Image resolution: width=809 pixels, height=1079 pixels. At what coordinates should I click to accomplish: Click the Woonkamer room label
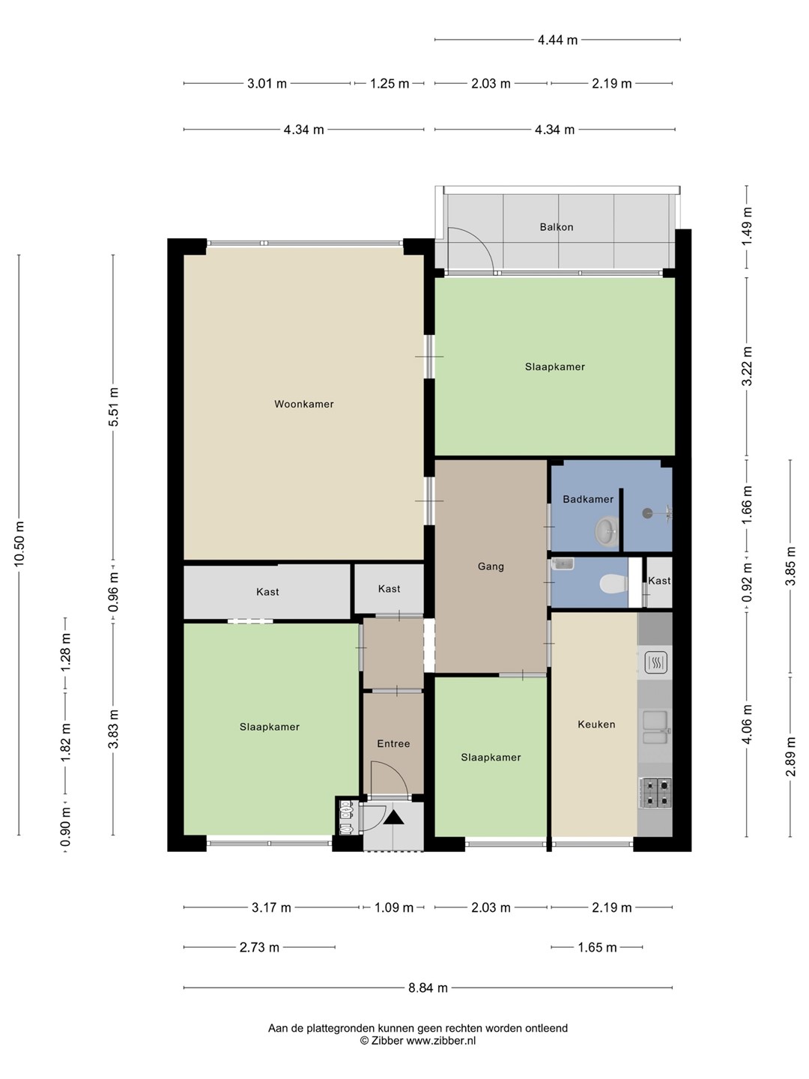pos(303,404)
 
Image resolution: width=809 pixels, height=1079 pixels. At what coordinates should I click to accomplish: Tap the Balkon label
pos(556,227)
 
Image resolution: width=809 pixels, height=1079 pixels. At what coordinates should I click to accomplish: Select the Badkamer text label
pos(588,500)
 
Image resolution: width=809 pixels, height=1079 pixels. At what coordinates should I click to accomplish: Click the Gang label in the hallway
pos(491,566)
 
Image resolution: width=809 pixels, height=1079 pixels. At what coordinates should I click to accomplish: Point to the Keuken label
pos(596,724)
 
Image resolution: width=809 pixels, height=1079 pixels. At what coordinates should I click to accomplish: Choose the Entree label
pos(393,744)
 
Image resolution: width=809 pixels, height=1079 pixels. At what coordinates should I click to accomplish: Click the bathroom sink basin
pos(607,531)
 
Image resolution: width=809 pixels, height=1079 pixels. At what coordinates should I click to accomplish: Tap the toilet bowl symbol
pos(613,584)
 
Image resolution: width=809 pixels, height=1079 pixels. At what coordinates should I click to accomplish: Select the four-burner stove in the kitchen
pos(655,793)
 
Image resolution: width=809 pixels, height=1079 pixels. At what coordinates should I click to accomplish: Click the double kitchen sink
pos(655,729)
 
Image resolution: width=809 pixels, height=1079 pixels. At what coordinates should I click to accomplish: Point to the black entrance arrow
pos(393,817)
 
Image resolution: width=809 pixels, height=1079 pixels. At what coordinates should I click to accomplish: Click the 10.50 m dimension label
pos(19,544)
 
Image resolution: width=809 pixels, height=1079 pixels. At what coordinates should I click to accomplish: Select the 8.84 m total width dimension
pos(428,988)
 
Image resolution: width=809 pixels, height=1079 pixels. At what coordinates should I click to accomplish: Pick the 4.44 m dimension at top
pos(557,40)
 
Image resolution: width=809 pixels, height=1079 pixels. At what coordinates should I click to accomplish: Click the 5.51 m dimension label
pos(113,407)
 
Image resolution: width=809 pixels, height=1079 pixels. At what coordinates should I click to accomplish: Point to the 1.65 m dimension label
pos(597,947)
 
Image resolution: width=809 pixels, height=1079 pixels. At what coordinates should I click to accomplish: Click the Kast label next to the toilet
pos(659,581)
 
